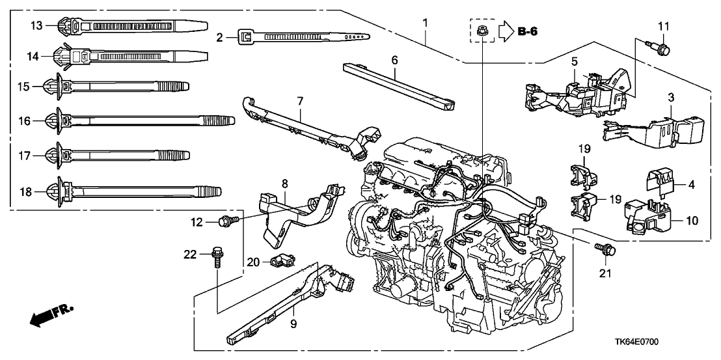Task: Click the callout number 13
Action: coord(37,25)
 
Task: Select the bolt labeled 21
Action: coord(606,249)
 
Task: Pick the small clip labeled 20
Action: coord(284,262)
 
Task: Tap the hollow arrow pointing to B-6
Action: coord(506,30)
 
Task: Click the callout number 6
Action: coord(394,59)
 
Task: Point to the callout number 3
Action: coord(671,96)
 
